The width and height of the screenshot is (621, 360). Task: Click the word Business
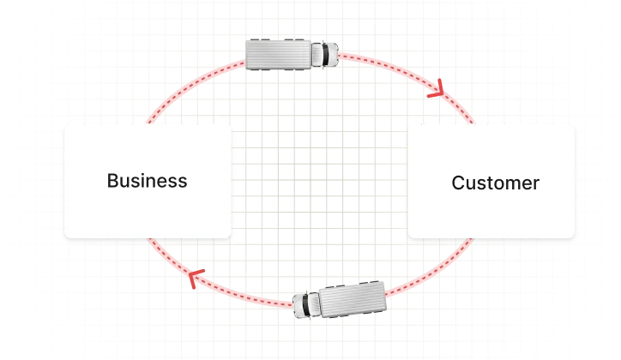click(147, 181)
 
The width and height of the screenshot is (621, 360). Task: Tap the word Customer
click(495, 183)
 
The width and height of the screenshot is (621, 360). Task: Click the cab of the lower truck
click(308, 304)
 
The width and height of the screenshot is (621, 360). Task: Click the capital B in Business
click(112, 181)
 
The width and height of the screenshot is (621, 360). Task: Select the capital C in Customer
click(458, 183)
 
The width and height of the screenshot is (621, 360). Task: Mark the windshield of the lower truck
click(299, 305)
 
